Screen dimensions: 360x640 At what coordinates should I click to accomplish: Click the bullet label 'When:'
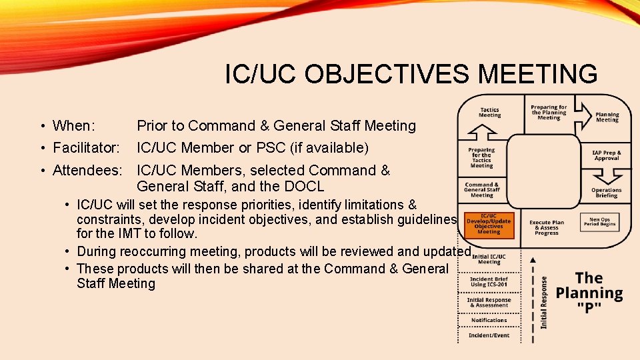point(73,126)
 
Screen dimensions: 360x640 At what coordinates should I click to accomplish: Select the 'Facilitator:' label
point(86,147)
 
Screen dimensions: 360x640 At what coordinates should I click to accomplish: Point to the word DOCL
point(303,187)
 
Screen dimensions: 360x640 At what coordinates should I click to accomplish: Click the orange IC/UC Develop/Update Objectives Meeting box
point(489,225)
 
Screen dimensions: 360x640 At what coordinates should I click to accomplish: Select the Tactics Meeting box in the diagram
point(489,113)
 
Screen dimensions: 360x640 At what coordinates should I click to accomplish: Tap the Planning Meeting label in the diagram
point(607,117)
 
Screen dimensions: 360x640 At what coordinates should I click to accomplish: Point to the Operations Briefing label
point(606,193)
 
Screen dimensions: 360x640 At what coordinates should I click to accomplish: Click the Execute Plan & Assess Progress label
point(546,227)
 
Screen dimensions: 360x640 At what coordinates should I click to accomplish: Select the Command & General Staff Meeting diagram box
point(482,190)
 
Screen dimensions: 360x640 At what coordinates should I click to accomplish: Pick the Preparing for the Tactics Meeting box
point(481,157)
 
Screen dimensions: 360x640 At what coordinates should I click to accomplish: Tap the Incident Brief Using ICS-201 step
point(489,281)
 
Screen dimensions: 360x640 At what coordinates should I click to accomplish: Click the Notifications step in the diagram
point(489,320)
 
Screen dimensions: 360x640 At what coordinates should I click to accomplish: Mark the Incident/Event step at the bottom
point(489,335)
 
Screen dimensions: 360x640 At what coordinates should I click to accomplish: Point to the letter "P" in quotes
point(589,307)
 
